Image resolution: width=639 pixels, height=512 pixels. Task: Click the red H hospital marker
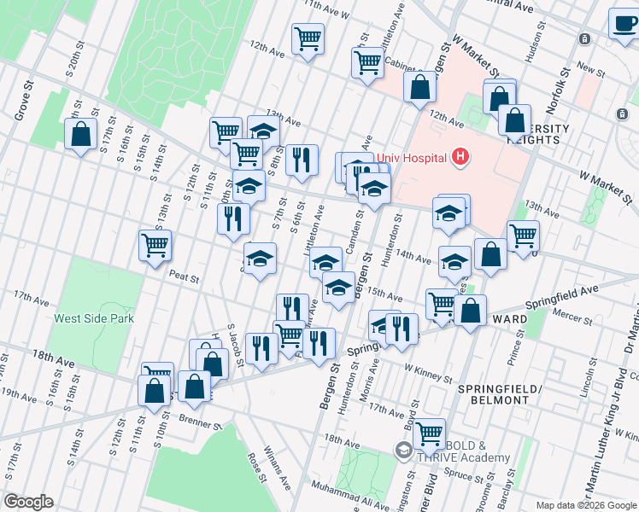coord(460,156)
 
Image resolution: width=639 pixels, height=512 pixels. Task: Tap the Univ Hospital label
coord(413,157)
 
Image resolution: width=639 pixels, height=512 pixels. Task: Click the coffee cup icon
coord(624,23)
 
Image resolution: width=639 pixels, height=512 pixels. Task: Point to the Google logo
coord(27,502)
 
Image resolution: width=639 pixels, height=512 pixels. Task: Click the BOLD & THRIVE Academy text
coord(462,451)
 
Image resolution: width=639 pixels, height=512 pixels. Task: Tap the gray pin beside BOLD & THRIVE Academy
coord(402,449)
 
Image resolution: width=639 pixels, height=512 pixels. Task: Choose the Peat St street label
coord(184,277)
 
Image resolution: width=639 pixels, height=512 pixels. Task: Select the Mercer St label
coord(573,320)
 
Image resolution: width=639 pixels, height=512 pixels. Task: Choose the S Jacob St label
coord(234,346)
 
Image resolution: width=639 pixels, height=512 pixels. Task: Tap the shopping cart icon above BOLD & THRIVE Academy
coord(429,434)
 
